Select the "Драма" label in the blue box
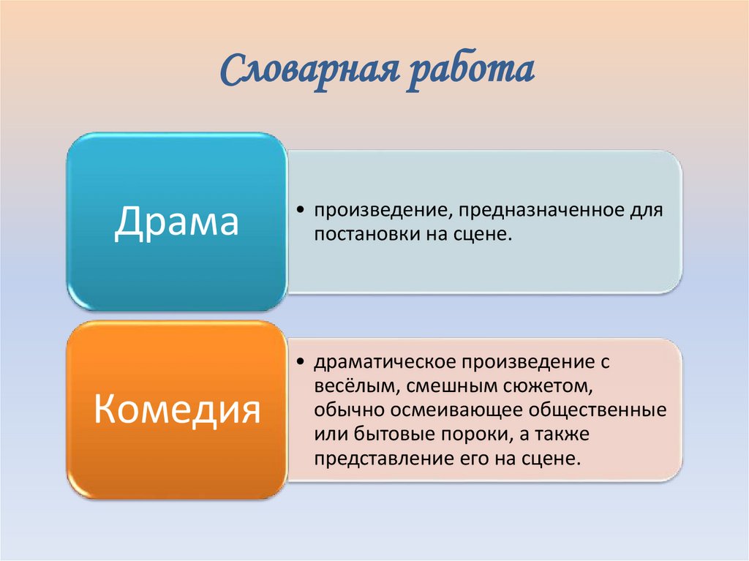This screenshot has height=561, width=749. pyautogui.click(x=176, y=222)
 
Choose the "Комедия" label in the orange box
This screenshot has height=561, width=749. pyautogui.click(x=177, y=410)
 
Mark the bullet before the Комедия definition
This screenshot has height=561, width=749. pyautogui.click(x=302, y=363)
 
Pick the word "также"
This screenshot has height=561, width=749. pyautogui.click(x=560, y=434)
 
